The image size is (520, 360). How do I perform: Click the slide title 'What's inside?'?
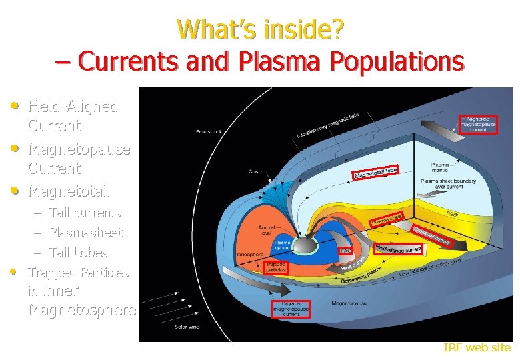click(x=261, y=29)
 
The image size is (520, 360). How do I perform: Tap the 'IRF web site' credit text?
click(x=477, y=347)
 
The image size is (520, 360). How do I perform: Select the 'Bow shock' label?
click(x=209, y=131)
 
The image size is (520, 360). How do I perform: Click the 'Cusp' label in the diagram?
click(x=255, y=171)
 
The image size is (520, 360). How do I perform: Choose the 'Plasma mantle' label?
click(x=441, y=167)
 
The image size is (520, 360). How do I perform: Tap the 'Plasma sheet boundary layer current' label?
click(x=446, y=183)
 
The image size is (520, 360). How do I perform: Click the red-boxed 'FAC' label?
click(x=346, y=251)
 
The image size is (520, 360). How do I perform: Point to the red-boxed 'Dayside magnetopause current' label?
click(x=291, y=309)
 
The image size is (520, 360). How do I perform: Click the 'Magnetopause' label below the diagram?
click(x=349, y=303)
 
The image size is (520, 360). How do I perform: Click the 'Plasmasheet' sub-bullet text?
click(x=86, y=233)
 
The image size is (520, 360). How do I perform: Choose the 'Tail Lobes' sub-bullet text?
click(x=78, y=253)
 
